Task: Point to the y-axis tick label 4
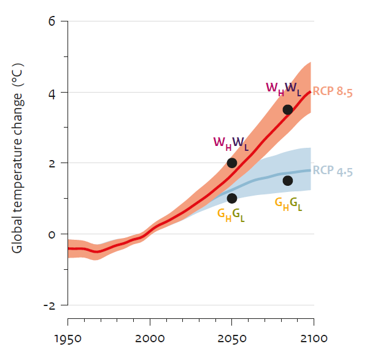[52, 93]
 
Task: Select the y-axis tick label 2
[52, 164]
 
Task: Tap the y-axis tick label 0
[52, 235]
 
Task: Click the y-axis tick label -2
[49, 305]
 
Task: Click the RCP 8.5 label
[333, 92]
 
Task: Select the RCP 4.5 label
[333, 172]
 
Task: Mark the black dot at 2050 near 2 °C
[232, 163]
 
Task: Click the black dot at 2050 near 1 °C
[232, 198]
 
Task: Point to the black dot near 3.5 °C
[287, 110]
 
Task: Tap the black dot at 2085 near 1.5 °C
[287, 180]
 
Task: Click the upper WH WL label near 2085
[283, 88]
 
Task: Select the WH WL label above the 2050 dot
[231, 143]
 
